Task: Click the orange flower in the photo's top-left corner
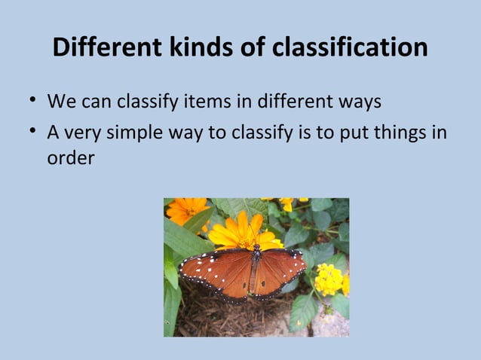click(184, 210)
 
